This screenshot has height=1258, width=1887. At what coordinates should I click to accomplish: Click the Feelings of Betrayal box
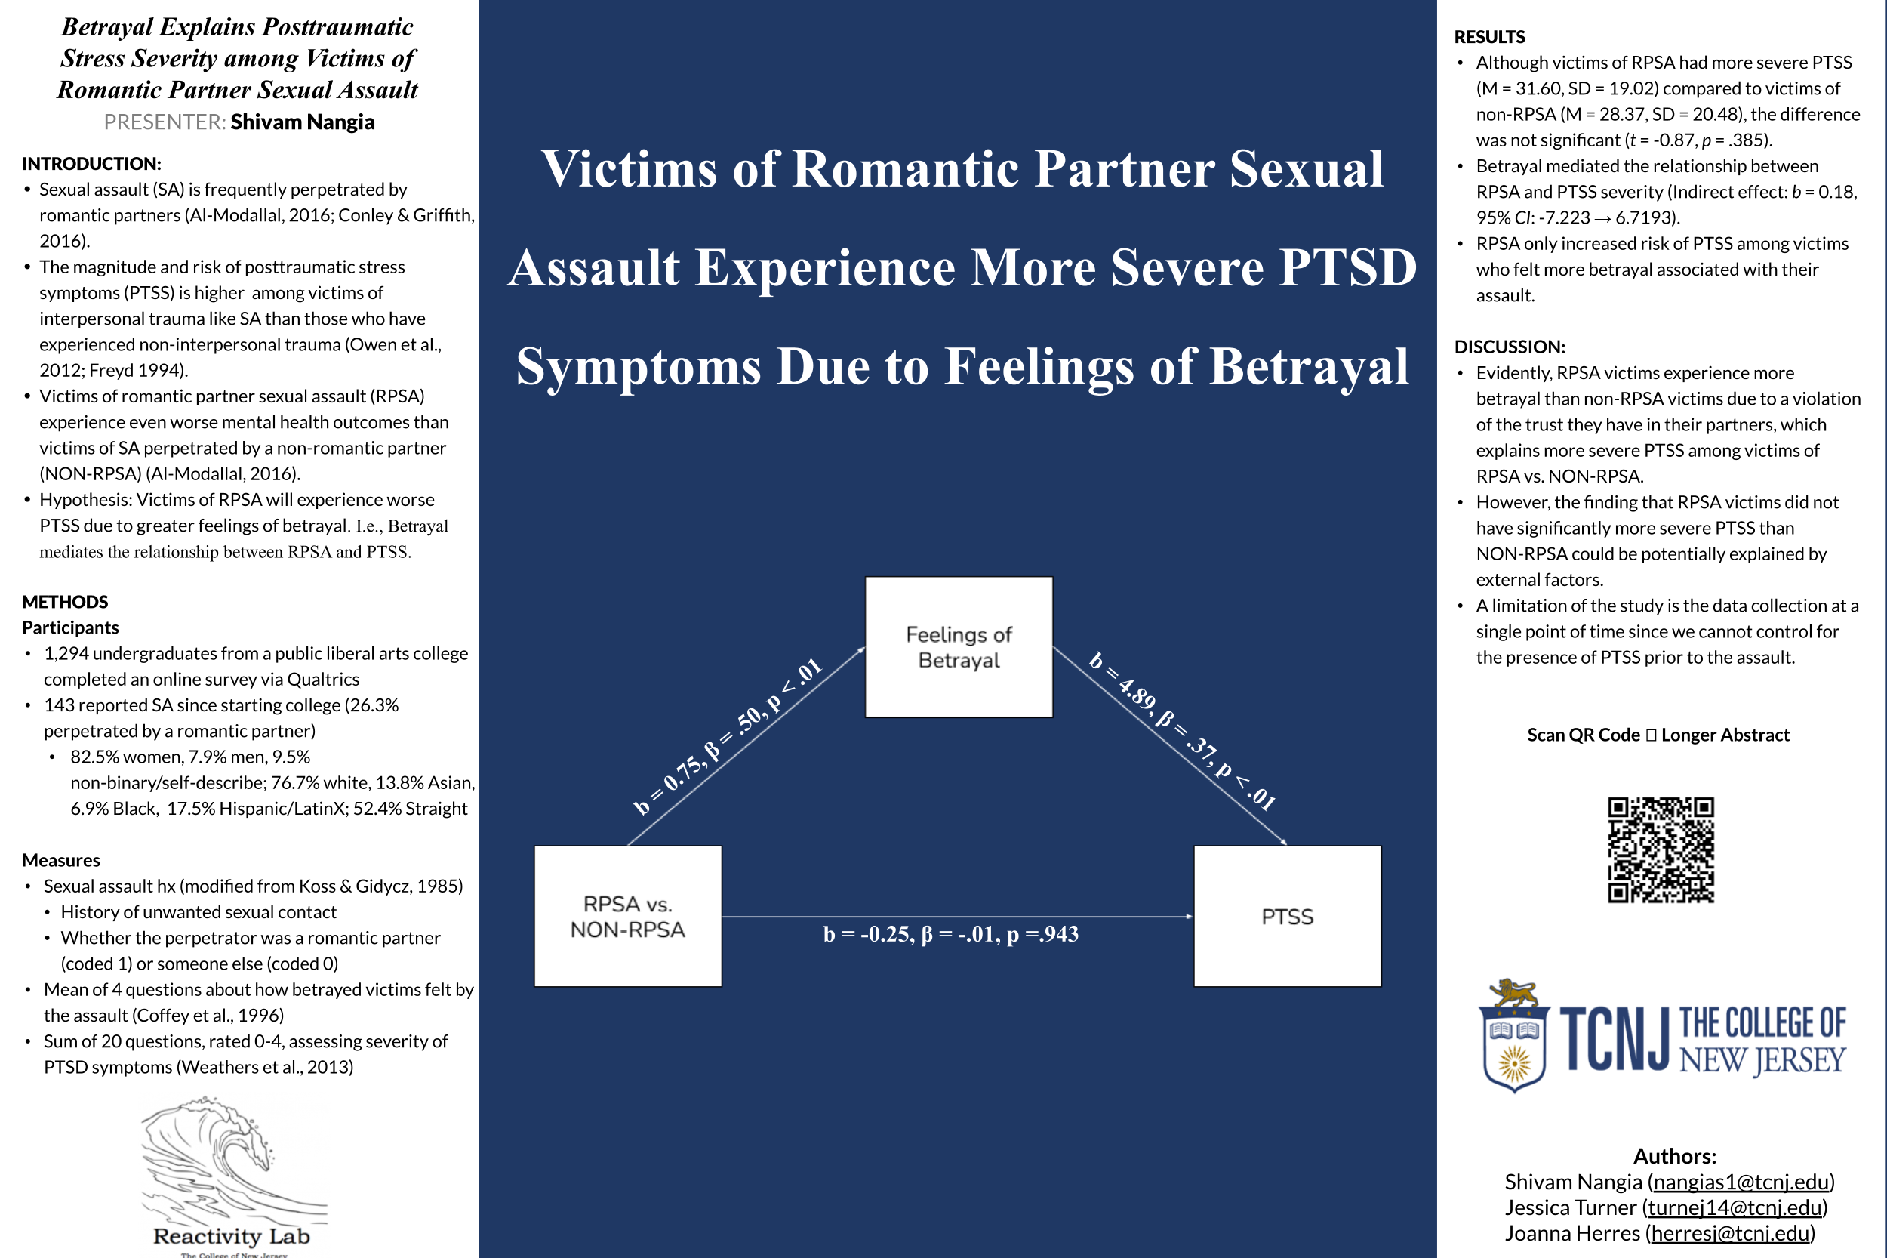(959, 646)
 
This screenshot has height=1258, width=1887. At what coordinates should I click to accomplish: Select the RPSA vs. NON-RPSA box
(628, 916)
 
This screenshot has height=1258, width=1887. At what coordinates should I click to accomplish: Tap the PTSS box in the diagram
(1287, 916)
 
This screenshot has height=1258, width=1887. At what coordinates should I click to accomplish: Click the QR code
(1660, 849)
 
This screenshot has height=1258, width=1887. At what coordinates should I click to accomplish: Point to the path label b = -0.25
(950, 934)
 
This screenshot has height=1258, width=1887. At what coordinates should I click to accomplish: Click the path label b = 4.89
(1181, 731)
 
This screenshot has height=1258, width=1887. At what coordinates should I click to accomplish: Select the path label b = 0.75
(728, 735)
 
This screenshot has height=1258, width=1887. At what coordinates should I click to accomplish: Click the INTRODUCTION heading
(91, 164)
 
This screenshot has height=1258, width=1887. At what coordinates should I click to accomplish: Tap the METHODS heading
(65, 602)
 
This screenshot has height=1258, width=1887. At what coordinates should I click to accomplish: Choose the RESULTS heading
(1489, 37)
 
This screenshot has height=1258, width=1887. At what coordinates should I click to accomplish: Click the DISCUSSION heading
(1510, 347)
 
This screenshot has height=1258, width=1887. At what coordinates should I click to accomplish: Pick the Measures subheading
(61, 860)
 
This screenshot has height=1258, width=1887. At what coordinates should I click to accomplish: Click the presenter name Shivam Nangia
(303, 122)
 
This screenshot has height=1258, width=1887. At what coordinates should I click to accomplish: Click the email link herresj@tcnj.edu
(1730, 1233)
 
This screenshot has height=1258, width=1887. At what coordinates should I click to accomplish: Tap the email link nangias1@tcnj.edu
(1741, 1182)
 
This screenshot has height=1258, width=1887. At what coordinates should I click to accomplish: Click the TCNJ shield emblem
(1513, 1038)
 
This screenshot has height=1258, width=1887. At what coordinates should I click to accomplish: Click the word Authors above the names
(1674, 1156)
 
